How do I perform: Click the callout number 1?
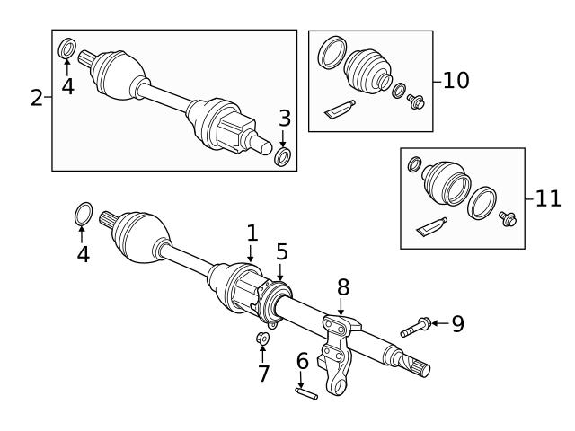pos(252,233)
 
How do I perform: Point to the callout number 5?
pos(282,252)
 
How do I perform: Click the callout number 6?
pos(302,361)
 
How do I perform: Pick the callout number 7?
pos(263,374)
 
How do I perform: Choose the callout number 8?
pos(343,288)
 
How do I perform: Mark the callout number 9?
pos(457,324)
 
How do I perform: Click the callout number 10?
pos(456,80)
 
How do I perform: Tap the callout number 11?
pos(547,198)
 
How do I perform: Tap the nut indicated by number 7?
pos(262,339)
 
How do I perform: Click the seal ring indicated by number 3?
pos(283,158)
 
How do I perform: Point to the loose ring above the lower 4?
pos(82,215)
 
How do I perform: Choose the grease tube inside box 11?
pos(431,228)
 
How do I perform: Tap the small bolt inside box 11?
pos(506,218)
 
